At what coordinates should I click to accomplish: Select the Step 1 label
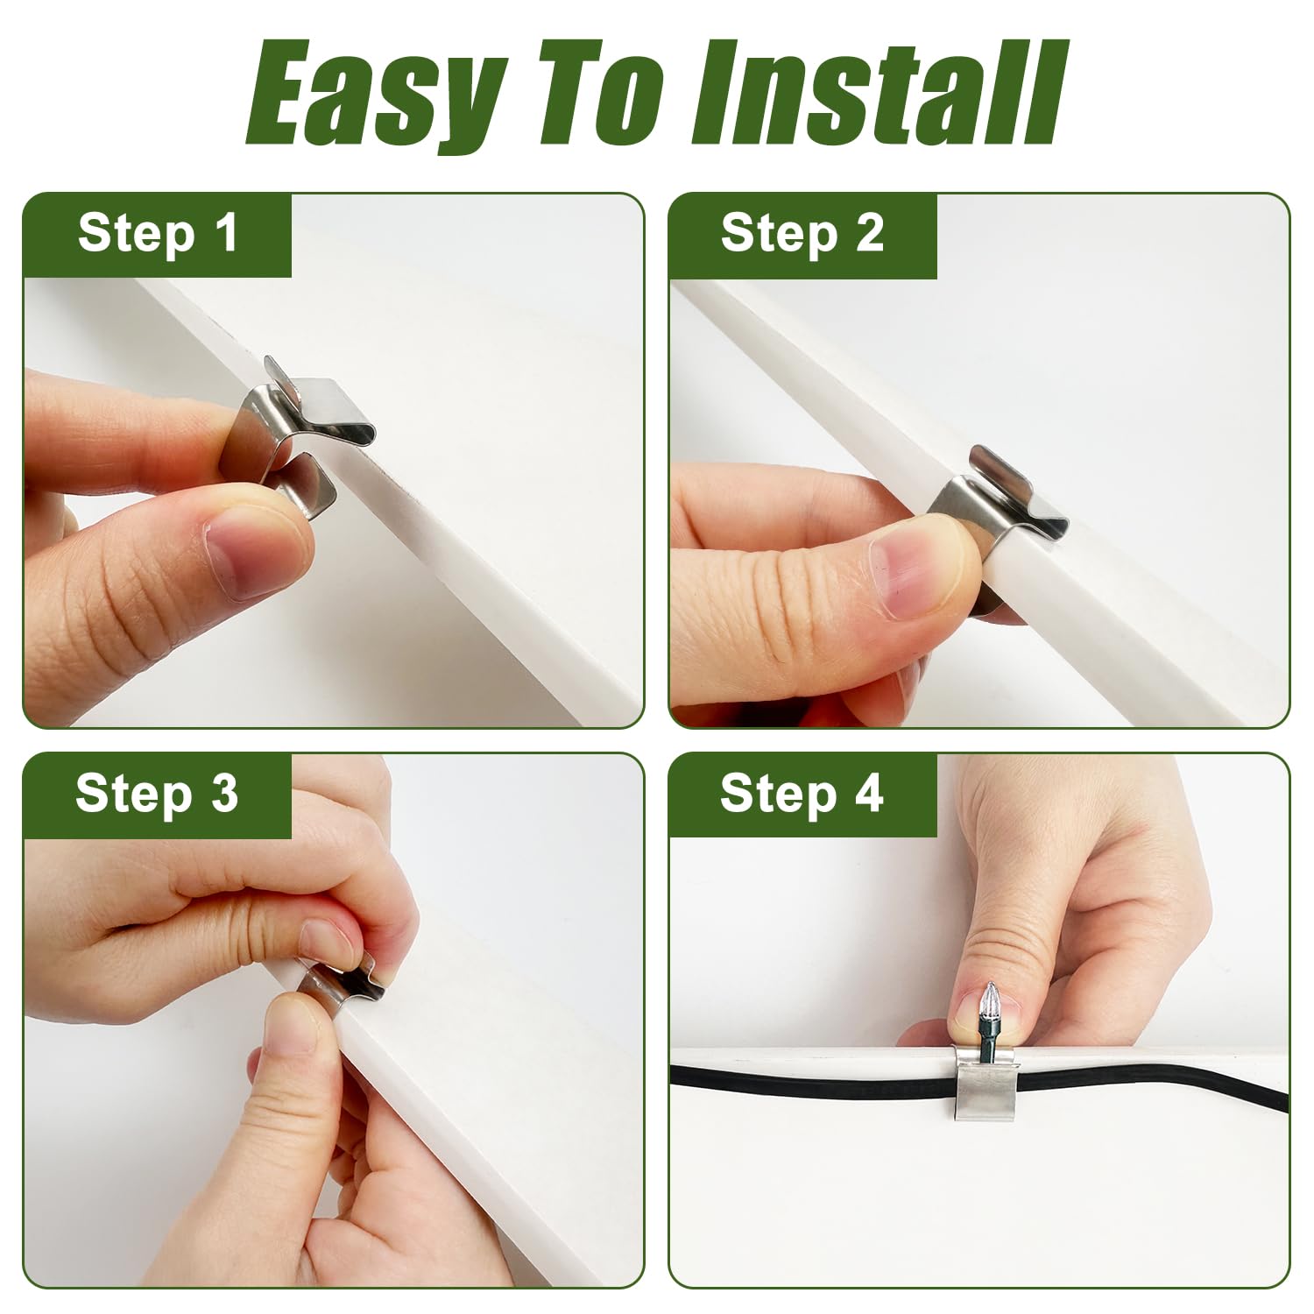pyautogui.click(x=158, y=234)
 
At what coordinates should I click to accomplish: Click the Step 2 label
pyautogui.click(x=802, y=234)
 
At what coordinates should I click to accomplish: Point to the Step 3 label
pyautogui.click(x=157, y=794)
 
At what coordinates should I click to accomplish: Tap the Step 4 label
pyautogui.click(x=802, y=794)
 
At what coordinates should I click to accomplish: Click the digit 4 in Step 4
pyautogui.click(x=868, y=794)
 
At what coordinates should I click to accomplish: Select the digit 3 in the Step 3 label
pyautogui.click(x=224, y=794)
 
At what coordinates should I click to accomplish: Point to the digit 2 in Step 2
pyautogui.click(x=870, y=234)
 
